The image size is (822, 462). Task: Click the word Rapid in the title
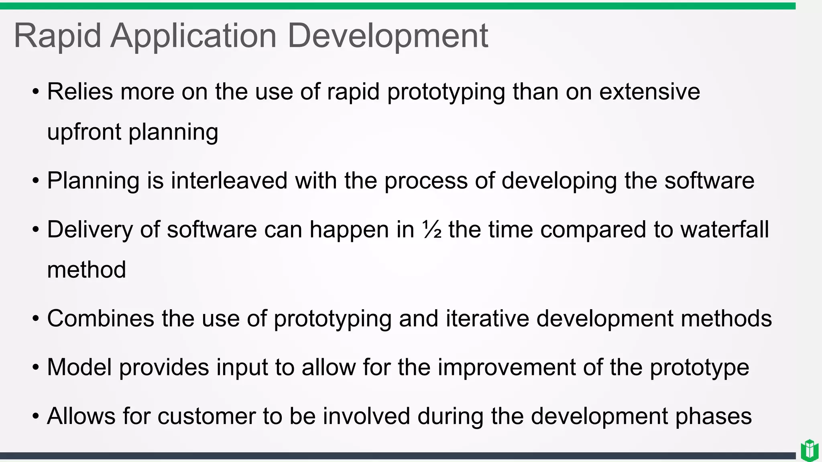click(x=57, y=36)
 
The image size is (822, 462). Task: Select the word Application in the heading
click(x=193, y=36)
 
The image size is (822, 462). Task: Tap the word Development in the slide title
click(x=388, y=36)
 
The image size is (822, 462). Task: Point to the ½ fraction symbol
click(x=432, y=230)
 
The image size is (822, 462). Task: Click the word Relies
click(x=80, y=91)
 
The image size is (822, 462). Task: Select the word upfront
click(x=84, y=132)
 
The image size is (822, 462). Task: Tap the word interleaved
click(x=229, y=180)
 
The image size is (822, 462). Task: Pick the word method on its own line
click(x=86, y=269)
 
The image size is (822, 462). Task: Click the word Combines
click(x=100, y=319)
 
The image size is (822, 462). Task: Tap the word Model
click(x=79, y=367)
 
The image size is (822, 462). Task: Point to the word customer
click(x=206, y=416)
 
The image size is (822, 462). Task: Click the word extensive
click(x=649, y=91)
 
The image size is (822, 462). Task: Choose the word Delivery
click(x=90, y=230)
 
